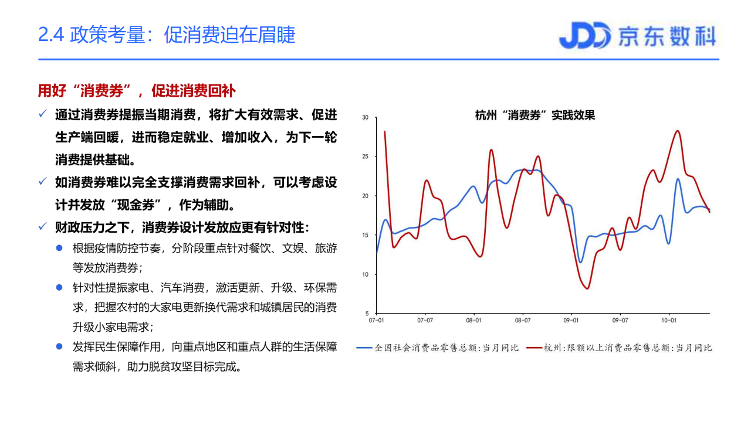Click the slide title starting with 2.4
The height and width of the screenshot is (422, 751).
tap(167, 35)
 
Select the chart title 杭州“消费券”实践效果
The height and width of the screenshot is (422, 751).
tap(535, 115)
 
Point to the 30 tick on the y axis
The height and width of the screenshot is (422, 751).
tap(365, 118)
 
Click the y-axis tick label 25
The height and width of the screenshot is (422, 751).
tap(365, 157)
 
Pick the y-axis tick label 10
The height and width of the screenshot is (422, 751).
tap(365, 274)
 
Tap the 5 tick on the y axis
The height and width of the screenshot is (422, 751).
tap(367, 314)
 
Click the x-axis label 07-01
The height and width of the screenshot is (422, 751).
tap(376, 321)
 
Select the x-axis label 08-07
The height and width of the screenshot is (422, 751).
tap(523, 321)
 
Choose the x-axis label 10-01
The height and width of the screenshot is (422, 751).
tap(669, 321)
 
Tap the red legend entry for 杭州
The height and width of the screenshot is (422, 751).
tap(619, 348)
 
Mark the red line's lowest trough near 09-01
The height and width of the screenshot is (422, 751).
tap(587, 288)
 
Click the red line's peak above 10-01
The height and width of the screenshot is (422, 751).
tap(678, 131)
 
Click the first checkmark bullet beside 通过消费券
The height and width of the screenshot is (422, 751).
tap(42, 114)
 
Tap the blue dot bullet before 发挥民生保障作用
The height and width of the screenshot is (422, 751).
tap(59, 346)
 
